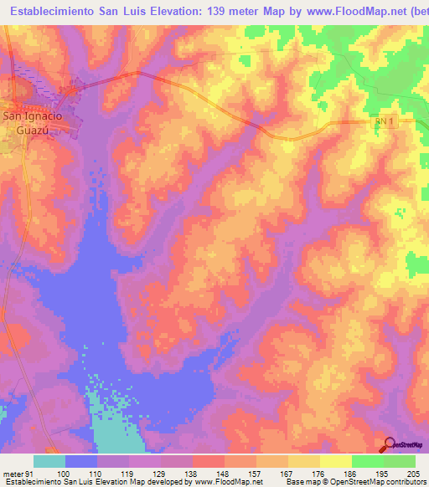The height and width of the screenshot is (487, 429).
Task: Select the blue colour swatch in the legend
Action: tap(80, 461)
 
